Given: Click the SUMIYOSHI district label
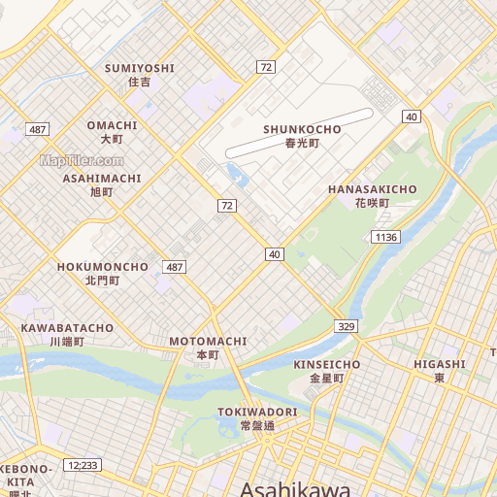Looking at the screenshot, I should pyautogui.click(x=140, y=68).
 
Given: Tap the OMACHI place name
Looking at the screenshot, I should pyautogui.click(x=113, y=125).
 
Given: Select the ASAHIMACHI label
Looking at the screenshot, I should pyautogui.click(x=102, y=179).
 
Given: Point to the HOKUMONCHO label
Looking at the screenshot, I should pyautogui.click(x=102, y=266).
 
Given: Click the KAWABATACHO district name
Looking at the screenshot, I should pyautogui.click(x=67, y=328).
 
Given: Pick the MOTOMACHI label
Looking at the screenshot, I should pyautogui.click(x=208, y=342).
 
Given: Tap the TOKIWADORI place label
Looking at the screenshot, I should pyautogui.click(x=257, y=412).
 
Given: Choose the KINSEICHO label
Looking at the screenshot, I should pyautogui.click(x=327, y=364).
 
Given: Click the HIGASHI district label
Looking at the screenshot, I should pyautogui.click(x=439, y=364).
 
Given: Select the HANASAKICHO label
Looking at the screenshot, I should pyautogui.click(x=372, y=188).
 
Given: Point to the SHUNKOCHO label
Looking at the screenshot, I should pyautogui.click(x=302, y=129).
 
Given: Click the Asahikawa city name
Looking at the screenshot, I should pyautogui.click(x=295, y=488).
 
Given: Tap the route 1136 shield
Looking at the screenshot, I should pyautogui.click(x=385, y=237).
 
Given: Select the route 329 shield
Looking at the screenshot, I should pyautogui.click(x=347, y=326).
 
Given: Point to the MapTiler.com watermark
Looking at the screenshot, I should pyautogui.click(x=82, y=160).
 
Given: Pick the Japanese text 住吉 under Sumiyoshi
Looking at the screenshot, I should pyautogui.click(x=140, y=83).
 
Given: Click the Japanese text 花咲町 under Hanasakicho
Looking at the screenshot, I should pyautogui.click(x=372, y=203).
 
